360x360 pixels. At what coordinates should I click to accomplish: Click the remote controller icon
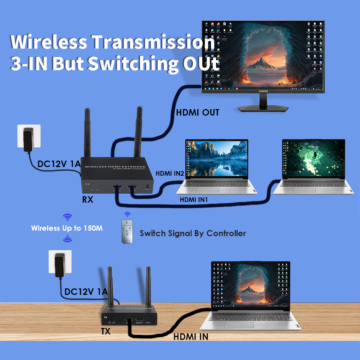pyautogui.click(x=127, y=231)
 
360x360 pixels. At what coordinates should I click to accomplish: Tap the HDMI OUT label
pyautogui.click(x=197, y=113)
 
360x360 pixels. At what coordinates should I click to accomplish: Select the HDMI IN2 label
pyautogui.click(x=170, y=174)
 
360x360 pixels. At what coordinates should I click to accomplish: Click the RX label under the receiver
pyautogui.click(x=87, y=199)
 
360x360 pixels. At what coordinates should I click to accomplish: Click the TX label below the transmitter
pyautogui.click(x=105, y=332)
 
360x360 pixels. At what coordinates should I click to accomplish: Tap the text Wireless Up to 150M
pyautogui.click(x=67, y=228)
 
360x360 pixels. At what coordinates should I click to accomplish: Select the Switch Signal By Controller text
pyautogui.click(x=193, y=233)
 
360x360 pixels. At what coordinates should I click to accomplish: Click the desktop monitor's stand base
pyautogui.click(x=263, y=108)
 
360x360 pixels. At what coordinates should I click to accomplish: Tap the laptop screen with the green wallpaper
pyautogui.click(x=313, y=158)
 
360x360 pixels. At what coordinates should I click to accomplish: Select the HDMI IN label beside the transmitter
pyautogui.click(x=191, y=337)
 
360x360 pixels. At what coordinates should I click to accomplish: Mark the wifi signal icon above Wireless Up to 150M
pyautogui.click(x=67, y=217)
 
